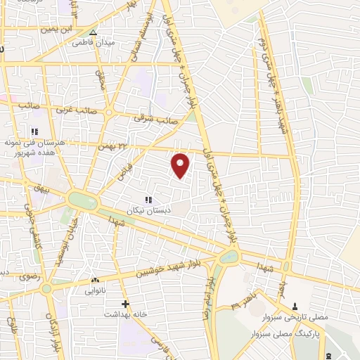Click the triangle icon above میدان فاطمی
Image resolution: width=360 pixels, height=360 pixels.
93,31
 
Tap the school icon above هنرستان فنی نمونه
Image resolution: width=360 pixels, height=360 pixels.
34,131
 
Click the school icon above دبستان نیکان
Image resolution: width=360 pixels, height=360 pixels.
148,200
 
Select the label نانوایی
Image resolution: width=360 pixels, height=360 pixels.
96,290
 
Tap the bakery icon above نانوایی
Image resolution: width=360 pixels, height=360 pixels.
96,280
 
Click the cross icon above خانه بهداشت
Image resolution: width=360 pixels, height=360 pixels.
125,304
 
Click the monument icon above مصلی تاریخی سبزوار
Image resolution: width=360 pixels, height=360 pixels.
295,307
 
